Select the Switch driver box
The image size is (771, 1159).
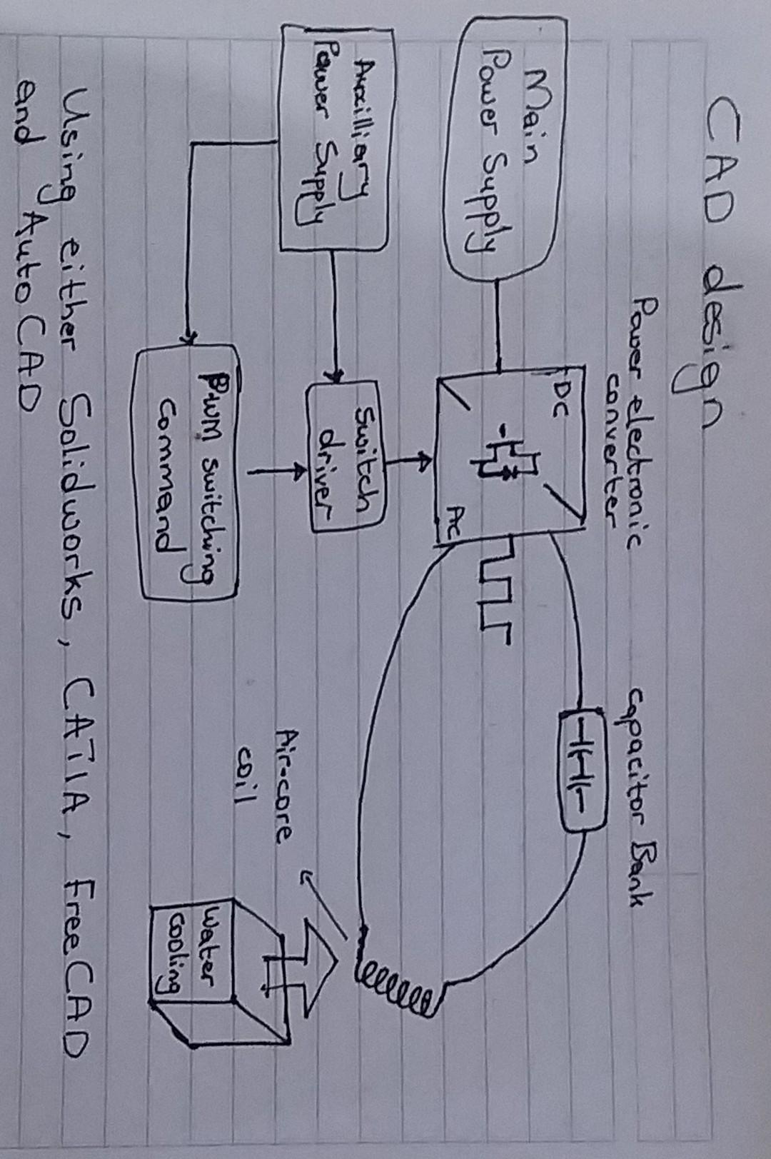(347, 457)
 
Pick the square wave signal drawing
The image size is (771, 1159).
(493, 589)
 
